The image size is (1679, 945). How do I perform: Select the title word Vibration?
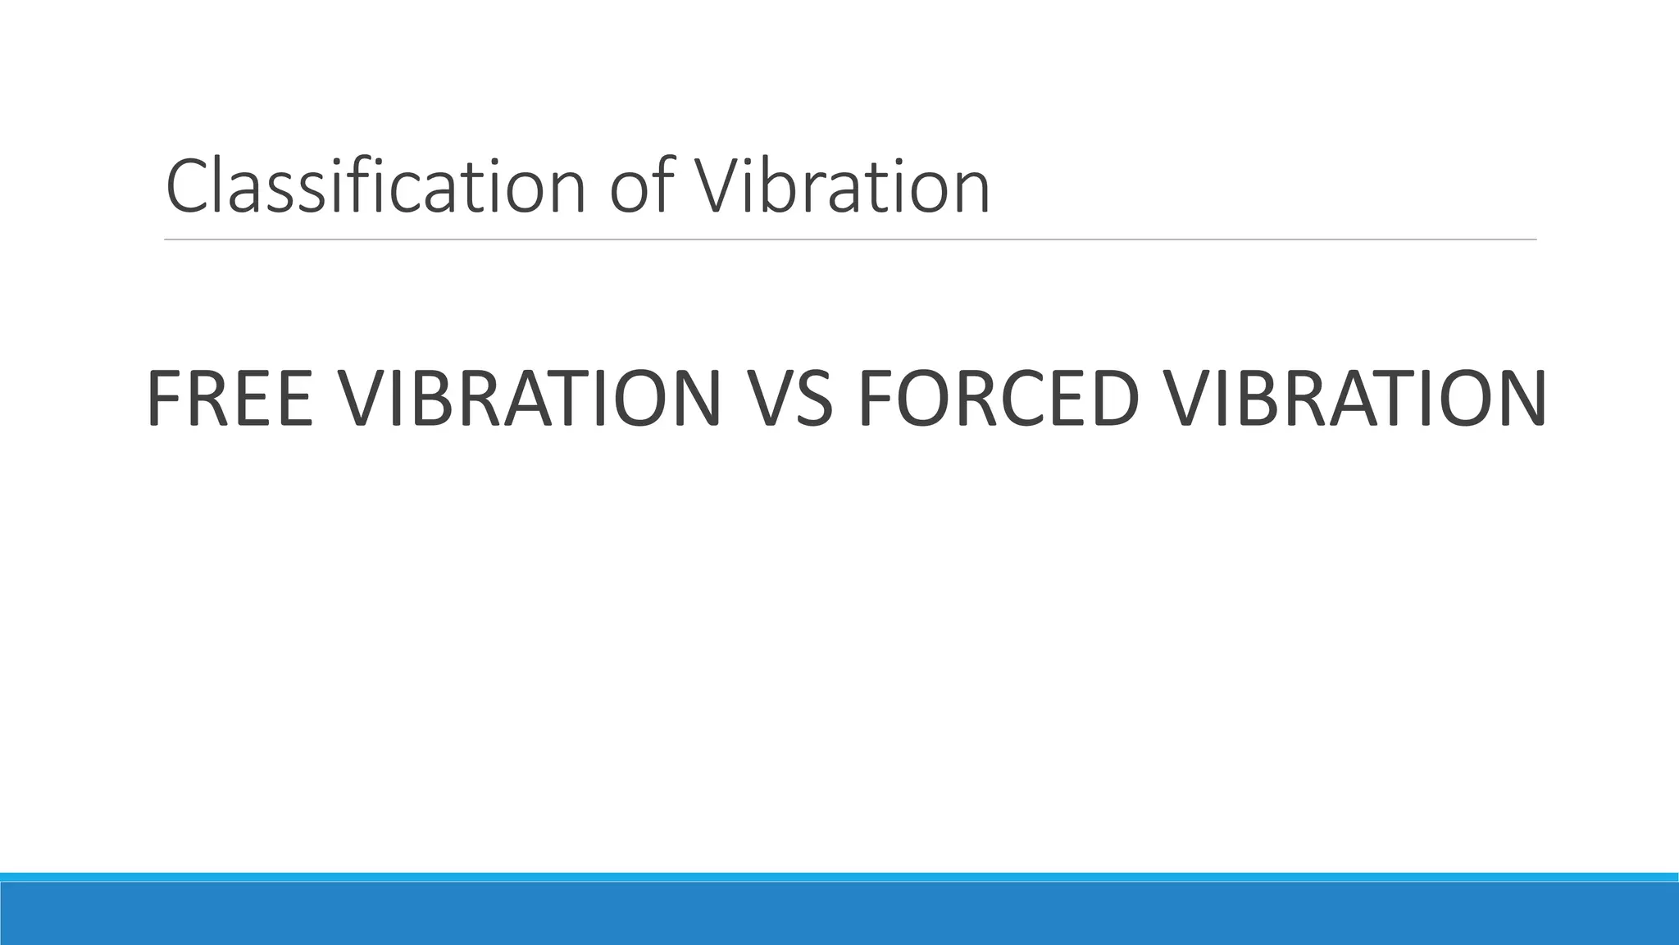click(x=843, y=186)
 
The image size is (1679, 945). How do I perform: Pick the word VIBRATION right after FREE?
click(x=530, y=399)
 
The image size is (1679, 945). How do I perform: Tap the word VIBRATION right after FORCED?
click(x=1356, y=399)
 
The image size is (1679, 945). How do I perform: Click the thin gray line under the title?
click(x=850, y=240)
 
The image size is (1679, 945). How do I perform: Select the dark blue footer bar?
click(x=839, y=914)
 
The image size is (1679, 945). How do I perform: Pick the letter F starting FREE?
click(x=165, y=399)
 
